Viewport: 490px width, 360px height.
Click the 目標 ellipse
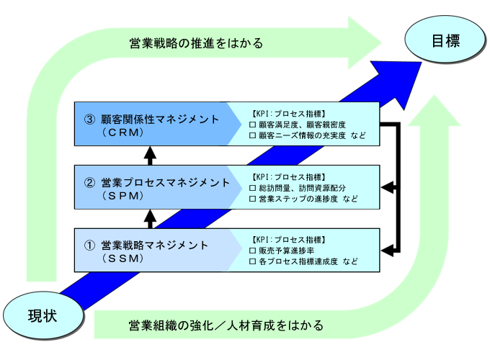445,40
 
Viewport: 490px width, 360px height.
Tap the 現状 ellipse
43,316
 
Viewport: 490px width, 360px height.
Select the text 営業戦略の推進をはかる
196,43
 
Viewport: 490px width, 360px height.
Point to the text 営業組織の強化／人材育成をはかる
226,325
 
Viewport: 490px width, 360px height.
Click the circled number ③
89,120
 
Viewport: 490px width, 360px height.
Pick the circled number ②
89,183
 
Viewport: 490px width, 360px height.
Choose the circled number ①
89,246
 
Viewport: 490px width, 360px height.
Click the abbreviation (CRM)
122,132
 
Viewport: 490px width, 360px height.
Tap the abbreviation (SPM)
122,196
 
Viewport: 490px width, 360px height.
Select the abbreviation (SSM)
122,258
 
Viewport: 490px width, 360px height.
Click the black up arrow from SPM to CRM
150,156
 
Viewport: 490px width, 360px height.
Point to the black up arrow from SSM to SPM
150,219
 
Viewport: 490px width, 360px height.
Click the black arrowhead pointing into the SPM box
388,188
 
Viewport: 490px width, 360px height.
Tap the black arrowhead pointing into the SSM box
388,251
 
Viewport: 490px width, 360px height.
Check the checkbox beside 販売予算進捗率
252,251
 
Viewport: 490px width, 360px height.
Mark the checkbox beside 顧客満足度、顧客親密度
252,125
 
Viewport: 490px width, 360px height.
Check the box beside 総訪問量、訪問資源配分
252,188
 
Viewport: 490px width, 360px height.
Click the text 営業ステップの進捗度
298,199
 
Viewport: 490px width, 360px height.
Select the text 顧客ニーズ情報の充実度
302,135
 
